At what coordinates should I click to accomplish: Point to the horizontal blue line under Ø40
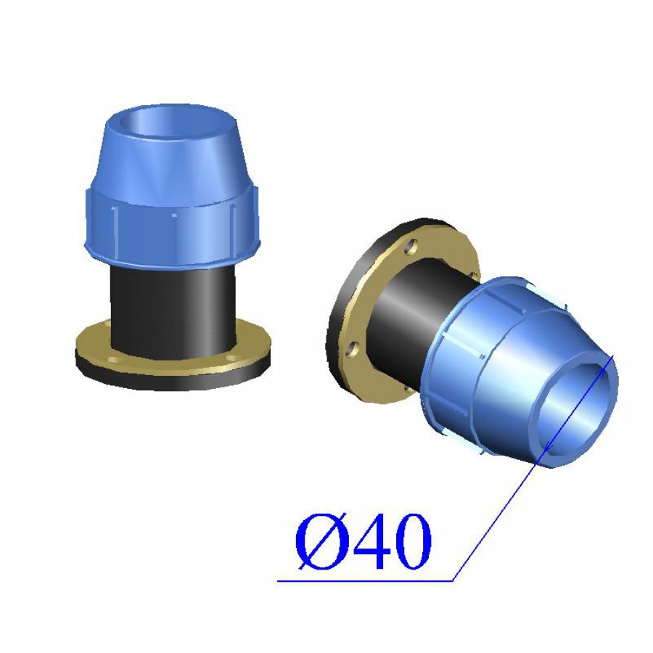pos(365,580)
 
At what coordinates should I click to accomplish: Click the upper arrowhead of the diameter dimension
pos(609,362)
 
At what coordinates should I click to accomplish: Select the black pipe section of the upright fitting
pos(173,311)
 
